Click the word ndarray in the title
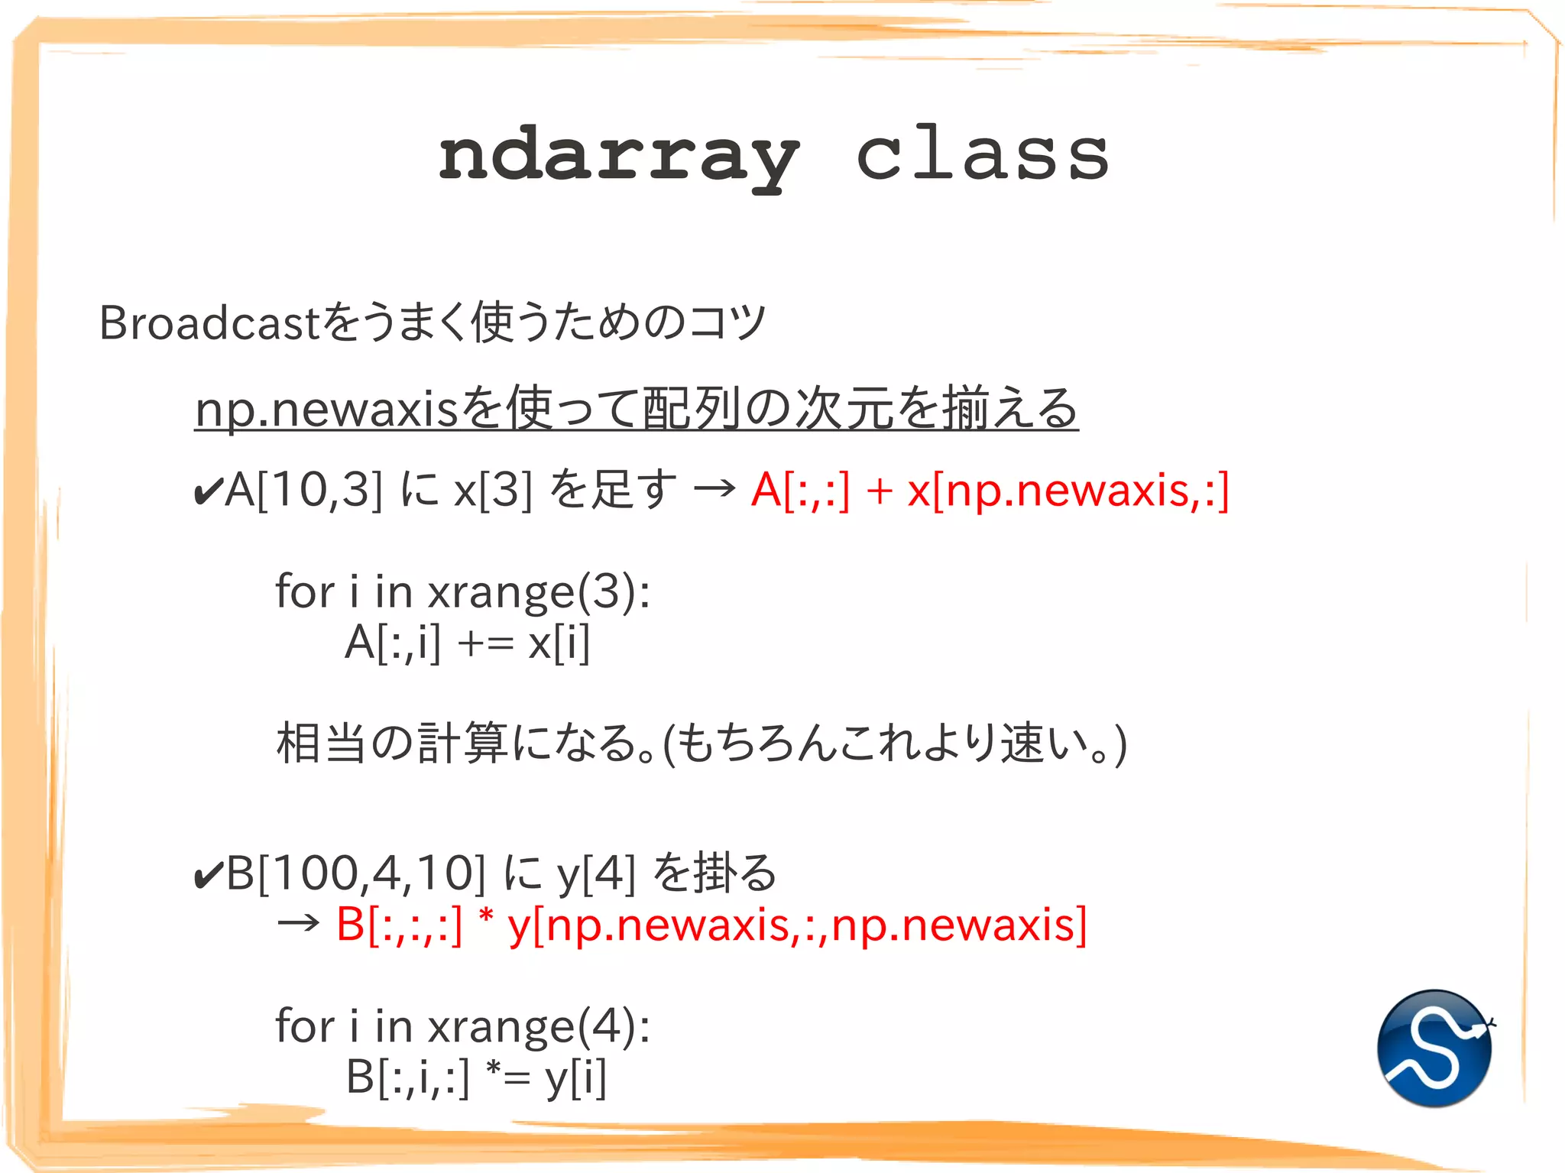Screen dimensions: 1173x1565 click(x=619, y=157)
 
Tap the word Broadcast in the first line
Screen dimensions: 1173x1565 click(x=208, y=322)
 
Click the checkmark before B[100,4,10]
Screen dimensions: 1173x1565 click(x=208, y=875)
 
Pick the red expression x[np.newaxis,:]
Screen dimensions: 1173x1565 click(x=1068, y=490)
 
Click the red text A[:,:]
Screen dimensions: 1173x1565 click(x=800, y=490)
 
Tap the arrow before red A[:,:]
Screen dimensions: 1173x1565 click(x=714, y=490)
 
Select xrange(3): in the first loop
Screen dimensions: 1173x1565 click(x=539, y=592)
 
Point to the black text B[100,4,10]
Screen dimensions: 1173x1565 click(x=356, y=873)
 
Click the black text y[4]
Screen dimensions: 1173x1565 click(x=596, y=873)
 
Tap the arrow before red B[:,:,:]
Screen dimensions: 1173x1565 click(x=298, y=925)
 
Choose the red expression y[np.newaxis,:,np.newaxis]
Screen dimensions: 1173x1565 click(x=797, y=925)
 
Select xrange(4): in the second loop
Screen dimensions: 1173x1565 click(x=539, y=1026)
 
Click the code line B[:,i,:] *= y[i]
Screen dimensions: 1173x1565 click(x=476, y=1077)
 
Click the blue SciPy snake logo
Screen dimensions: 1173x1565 click(x=1434, y=1048)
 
